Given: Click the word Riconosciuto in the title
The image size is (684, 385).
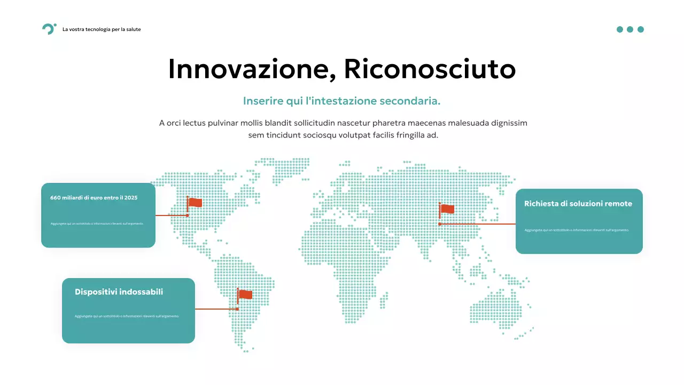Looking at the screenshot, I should pyautogui.click(x=430, y=69).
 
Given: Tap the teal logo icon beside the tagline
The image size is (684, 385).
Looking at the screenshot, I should pyautogui.click(x=49, y=29).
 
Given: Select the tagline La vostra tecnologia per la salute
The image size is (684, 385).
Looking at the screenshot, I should pyautogui.click(x=102, y=29).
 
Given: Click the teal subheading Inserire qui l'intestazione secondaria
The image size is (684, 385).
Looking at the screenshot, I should pyautogui.click(x=341, y=101).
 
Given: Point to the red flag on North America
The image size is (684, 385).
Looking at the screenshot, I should pyautogui.click(x=195, y=203).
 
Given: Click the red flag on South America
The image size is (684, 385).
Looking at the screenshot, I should pyautogui.click(x=245, y=295).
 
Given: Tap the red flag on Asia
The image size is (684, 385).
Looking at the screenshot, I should pyautogui.click(x=447, y=209).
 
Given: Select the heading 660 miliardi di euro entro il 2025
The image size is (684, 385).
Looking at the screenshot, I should pyautogui.click(x=94, y=198).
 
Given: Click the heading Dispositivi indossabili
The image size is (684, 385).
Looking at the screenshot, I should pyautogui.click(x=119, y=292).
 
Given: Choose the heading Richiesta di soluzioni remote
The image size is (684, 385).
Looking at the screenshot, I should pyautogui.click(x=578, y=204).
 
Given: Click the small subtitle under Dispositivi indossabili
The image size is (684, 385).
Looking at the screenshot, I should pyautogui.click(x=127, y=316).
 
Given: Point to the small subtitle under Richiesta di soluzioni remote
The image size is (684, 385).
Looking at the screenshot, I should pyautogui.click(x=577, y=230).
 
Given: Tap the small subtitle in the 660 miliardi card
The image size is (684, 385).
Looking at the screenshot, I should pyautogui.click(x=97, y=223).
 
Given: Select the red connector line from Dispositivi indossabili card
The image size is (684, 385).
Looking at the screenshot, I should pyautogui.click(x=216, y=309).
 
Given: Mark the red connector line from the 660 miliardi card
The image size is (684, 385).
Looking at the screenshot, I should pyautogui.click(x=171, y=215).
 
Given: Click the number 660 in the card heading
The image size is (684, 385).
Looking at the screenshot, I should pyautogui.click(x=55, y=198).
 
